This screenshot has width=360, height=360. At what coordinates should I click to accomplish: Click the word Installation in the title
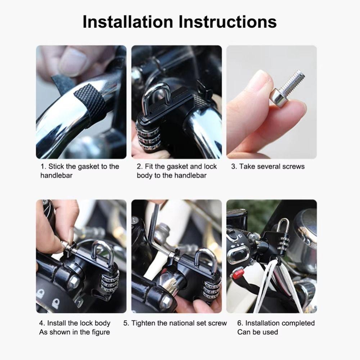[x=128, y=22]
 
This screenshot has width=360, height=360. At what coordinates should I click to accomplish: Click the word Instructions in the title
[x=228, y=22]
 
